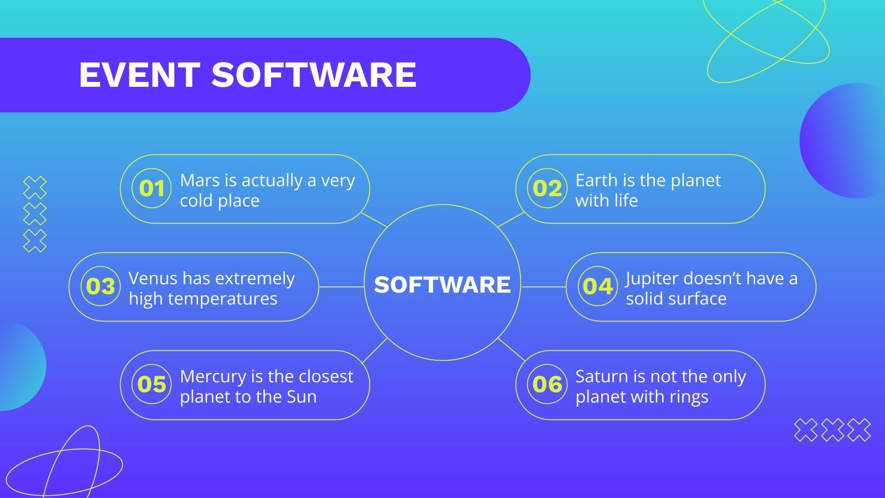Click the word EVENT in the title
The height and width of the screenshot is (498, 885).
pyautogui.click(x=139, y=75)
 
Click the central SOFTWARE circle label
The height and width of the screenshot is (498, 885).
pyautogui.click(x=442, y=284)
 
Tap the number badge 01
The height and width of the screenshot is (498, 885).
pyautogui.click(x=152, y=188)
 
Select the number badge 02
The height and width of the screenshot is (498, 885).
pyautogui.click(x=547, y=188)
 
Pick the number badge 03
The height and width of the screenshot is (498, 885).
pyautogui.click(x=100, y=286)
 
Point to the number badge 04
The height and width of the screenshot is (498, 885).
pyautogui.click(x=597, y=286)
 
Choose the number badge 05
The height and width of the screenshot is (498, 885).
pyautogui.click(x=152, y=384)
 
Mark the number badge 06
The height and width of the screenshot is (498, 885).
pyautogui.click(x=547, y=384)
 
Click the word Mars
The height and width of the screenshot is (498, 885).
pyautogui.click(x=200, y=180)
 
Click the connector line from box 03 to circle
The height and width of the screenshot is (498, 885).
pyautogui.click(x=341, y=287)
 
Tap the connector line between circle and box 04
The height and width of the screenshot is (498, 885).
pyautogui.click(x=543, y=287)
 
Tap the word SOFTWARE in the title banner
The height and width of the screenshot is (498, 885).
pyautogui.click(x=314, y=75)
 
